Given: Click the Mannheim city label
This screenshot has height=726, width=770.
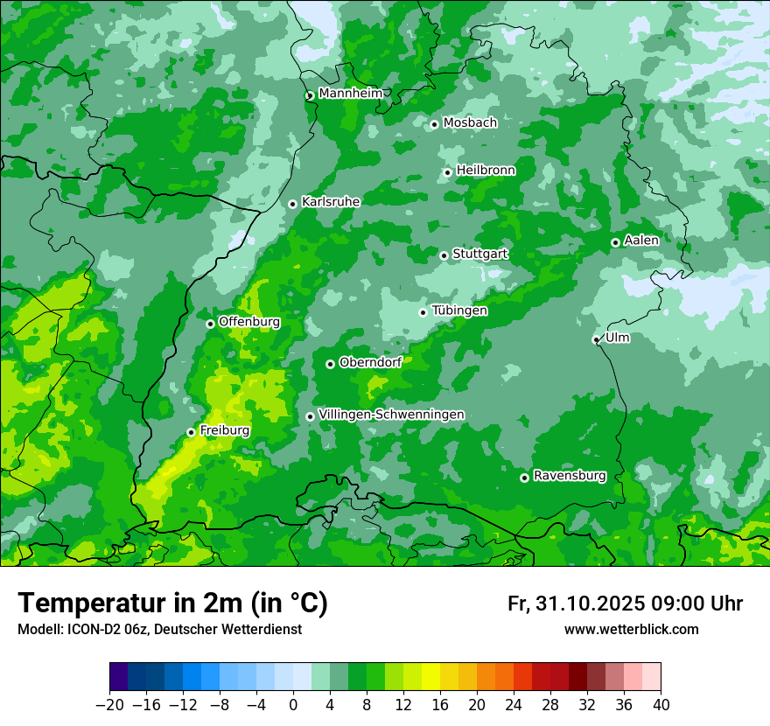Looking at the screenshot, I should (x=350, y=93).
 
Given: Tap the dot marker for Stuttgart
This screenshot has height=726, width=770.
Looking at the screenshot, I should (x=444, y=255).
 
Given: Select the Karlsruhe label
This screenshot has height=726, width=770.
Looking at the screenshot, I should (x=330, y=201).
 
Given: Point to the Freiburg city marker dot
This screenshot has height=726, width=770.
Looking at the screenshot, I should (x=191, y=432).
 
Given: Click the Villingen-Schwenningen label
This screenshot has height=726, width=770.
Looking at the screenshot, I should (x=391, y=414).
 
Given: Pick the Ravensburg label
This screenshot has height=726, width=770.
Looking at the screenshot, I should (x=569, y=476).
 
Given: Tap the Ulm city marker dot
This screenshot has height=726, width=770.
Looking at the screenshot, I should (x=596, y=339).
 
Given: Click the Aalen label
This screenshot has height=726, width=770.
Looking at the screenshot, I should (x=640, y=240).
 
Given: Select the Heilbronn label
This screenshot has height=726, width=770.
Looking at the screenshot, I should (x=486, y=170).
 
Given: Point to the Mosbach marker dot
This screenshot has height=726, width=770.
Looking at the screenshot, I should (x=434, y=124).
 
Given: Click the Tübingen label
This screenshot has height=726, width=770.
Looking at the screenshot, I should (x=459, y=311).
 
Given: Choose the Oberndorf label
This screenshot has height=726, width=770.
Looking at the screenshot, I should (x=370, y=361).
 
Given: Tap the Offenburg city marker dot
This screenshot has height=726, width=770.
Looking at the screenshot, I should (x=210, y=324).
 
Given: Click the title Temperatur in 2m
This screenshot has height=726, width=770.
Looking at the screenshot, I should (x=172, y=603).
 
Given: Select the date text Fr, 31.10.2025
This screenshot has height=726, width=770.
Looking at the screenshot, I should (x=575, y=604).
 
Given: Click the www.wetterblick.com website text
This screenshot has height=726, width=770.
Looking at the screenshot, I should (x=631, y=629).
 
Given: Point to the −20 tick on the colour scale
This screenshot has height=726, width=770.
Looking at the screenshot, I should (x=109, y=705).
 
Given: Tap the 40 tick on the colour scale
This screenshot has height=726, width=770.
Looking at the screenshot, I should (x=661, y=705).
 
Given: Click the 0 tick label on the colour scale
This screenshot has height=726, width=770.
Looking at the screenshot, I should (x=293, y=705).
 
